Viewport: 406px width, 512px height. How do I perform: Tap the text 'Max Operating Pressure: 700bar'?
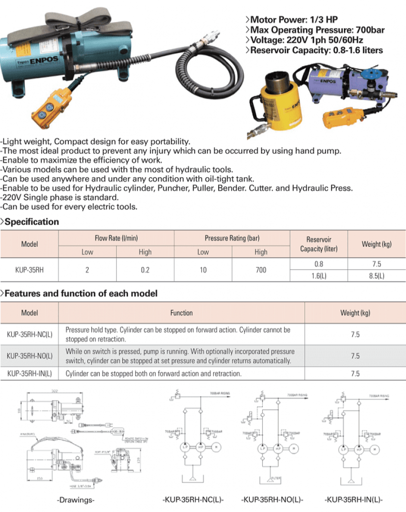pos(317,30)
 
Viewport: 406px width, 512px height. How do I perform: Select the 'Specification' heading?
pos(32,222)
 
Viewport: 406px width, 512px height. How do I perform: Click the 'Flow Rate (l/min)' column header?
pos(116,238)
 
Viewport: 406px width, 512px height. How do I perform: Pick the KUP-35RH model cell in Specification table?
pos(29,270)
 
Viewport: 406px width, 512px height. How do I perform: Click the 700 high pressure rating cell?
pos(261,270)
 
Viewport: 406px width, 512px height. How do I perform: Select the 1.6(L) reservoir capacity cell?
pos(319,276)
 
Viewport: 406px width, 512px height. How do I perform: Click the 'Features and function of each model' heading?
pos(81,293)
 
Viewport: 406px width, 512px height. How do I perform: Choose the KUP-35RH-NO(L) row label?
pos(30,356)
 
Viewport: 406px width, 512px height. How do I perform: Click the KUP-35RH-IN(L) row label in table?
pos(30,374)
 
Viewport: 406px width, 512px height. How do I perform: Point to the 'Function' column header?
pos(182,313)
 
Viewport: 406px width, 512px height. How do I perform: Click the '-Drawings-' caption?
pos(76,500)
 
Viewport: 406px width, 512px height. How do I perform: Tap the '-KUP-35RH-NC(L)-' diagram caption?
pos(193,500)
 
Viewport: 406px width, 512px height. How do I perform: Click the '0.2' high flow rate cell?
pos(145,270)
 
